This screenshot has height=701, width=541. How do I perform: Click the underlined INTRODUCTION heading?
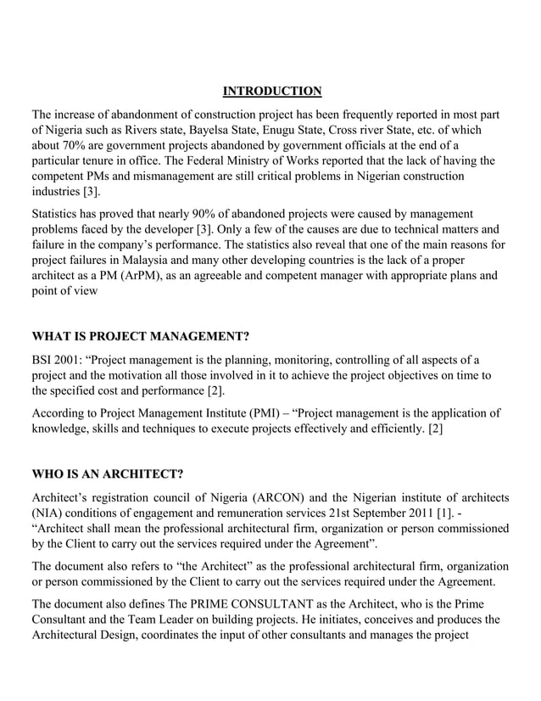pyautogui.click(x=271, y=91)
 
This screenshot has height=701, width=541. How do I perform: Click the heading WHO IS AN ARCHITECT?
pyautogui.click(x=108, y=472)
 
